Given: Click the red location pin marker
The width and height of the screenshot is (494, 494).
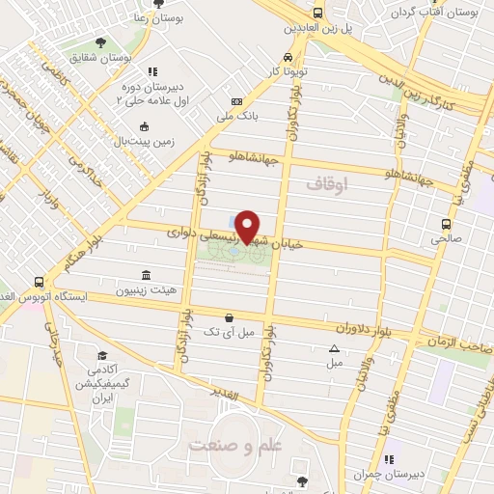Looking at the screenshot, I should pyautogui.click(x=248, y=227).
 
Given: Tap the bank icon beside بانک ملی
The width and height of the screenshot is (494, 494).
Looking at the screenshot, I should pyautogui.click(x=236, y=102).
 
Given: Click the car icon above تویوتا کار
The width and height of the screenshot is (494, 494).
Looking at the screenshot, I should pyautogui.click(x=288, y=56).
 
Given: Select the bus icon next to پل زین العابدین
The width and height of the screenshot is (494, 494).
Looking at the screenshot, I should pyautogui.click(x=317, y=13).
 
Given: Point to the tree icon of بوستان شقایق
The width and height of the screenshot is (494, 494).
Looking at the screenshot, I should pyautogui.click(x=101, y=42).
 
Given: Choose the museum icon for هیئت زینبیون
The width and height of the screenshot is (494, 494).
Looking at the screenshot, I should pyautogui.click(x=146, y=274).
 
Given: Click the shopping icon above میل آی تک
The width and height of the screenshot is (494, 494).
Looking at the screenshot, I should pyautogui.click(x=229, y=316).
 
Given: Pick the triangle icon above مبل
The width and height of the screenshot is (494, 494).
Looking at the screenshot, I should pyautogui.click(x=334, y=348).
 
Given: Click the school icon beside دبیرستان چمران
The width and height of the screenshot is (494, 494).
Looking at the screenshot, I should pyautogui.click(x=389, y=460).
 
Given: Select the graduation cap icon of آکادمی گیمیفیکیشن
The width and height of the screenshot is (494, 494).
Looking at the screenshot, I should pyautogui.click(x=102, y=356).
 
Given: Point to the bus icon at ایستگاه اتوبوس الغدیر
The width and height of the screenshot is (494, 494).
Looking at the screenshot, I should pyautogui.click(x=39, y=283).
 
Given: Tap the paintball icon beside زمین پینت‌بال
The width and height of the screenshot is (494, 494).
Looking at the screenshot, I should pyautogui.click(x=144, y=126).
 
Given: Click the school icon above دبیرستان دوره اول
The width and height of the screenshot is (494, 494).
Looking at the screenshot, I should pyautogui.click(x=151, y=71).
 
